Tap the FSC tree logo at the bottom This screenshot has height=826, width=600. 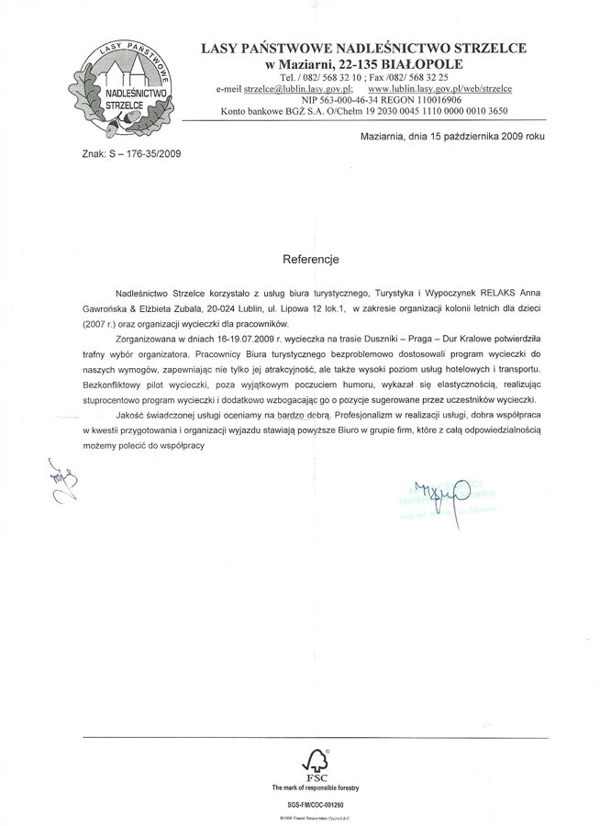click(316, 762)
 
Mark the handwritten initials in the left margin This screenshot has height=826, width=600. click(64, 485)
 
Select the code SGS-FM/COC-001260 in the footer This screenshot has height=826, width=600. click(316, 803)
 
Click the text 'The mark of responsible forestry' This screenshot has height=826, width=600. click(316, 787)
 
